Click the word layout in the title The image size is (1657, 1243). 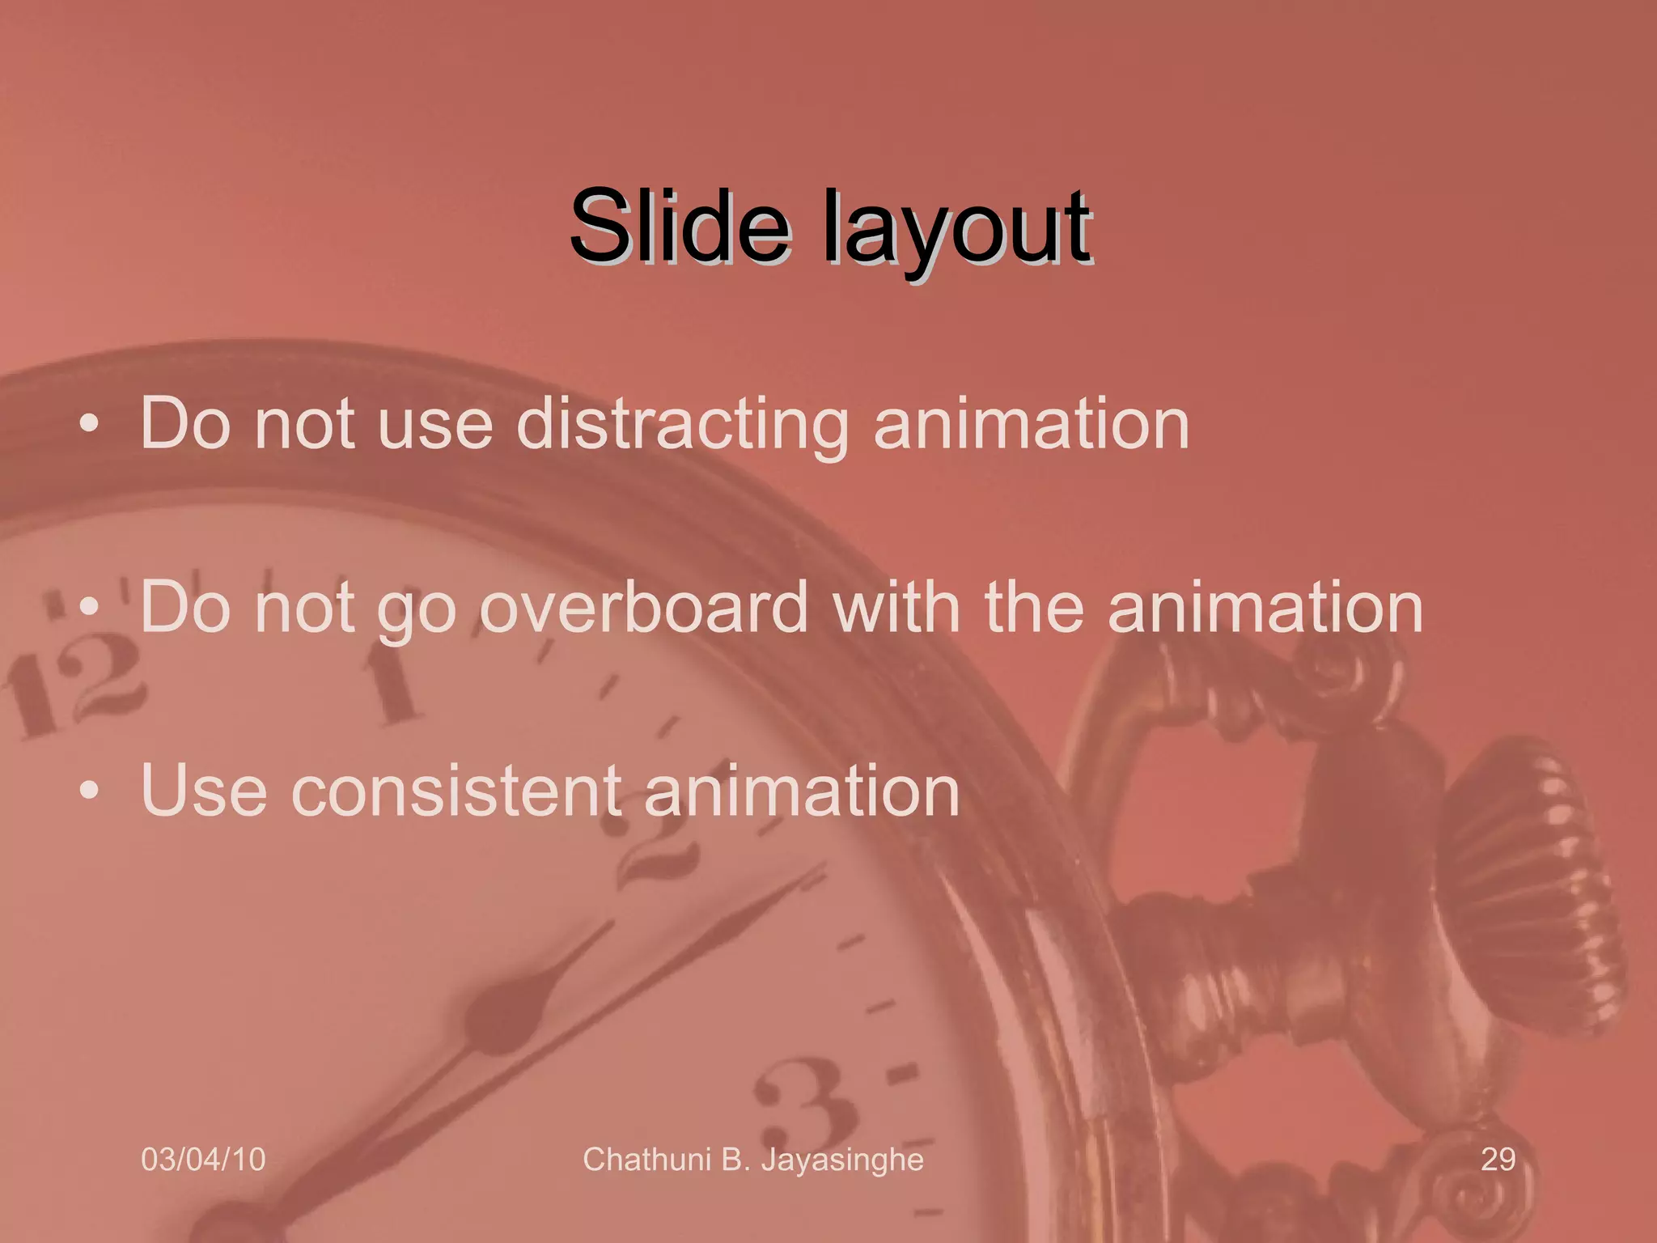click(957, 231)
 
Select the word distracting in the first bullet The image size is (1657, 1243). click(682, 425)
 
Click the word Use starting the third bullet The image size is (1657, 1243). click(203, 791)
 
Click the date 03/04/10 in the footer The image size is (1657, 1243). click(203, 1160)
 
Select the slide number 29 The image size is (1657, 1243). click(1498, 1160)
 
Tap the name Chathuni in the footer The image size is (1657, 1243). click(646, 1160)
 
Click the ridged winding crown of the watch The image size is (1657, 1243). click(1529, 882)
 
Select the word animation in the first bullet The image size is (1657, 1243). click(1032, 425)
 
